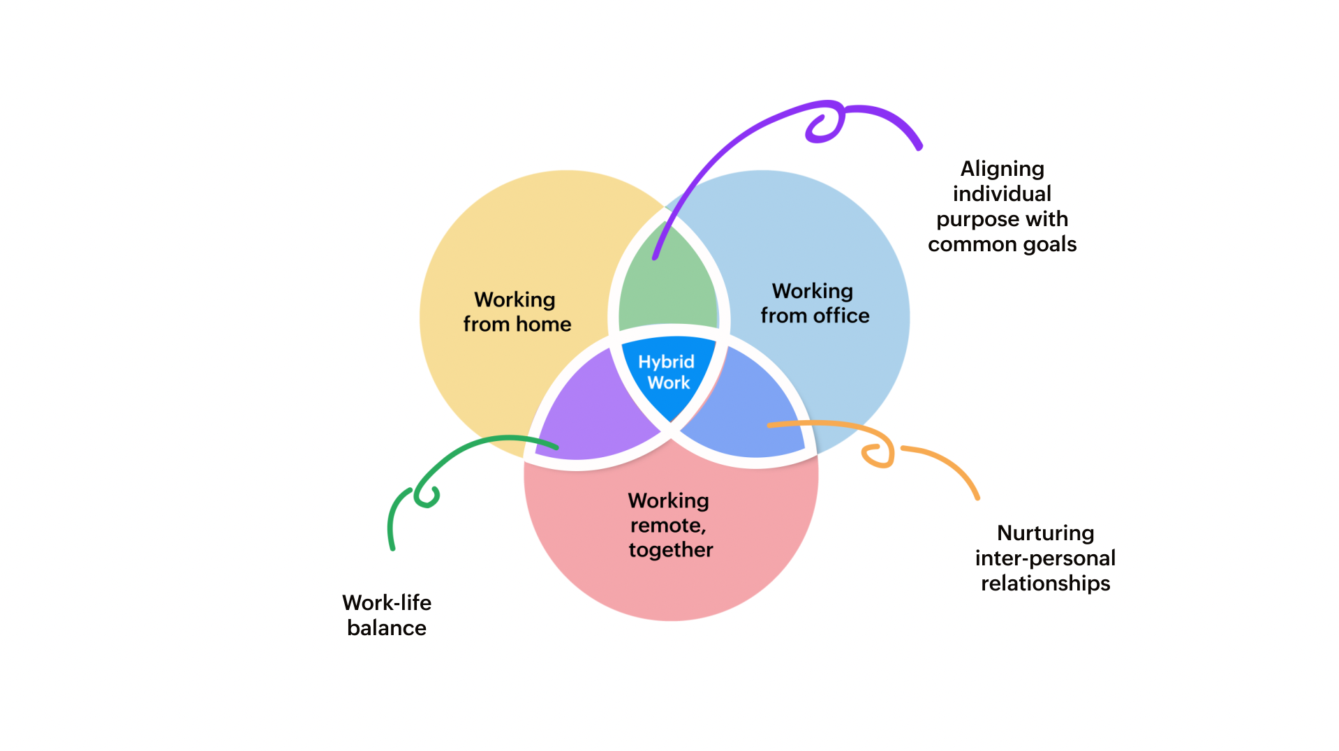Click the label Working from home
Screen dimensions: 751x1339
click(517, 312)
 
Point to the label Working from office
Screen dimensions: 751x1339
click(814, 304)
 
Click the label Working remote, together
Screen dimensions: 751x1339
click(669, 525)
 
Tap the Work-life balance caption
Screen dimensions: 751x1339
click(387, 615)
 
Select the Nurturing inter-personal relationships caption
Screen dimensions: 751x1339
click(1045, 558)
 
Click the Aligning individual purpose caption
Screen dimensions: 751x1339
click(1002, 206)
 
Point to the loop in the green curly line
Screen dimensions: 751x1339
click(427, 496)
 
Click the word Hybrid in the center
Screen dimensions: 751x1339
click(666, 362)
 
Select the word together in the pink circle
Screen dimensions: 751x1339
click(671, 550)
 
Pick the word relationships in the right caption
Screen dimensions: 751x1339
click(1045, 583)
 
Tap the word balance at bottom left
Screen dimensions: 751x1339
click(387, 628)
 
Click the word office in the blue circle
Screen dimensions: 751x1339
click(841, 316)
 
